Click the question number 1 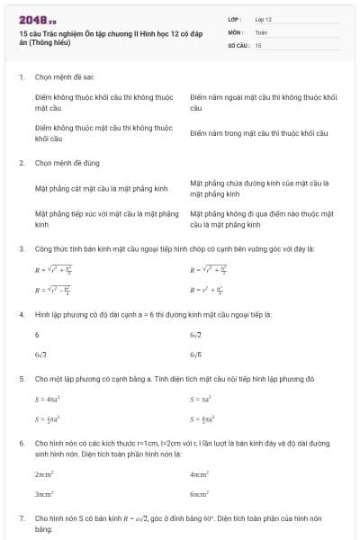[x=21, y=77]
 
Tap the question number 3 [x=21, y=248]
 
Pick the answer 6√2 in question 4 [x=195, y=334]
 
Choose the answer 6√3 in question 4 [x=40, y=355]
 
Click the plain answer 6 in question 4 [x=37, y=334]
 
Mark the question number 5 [x=21, y=379]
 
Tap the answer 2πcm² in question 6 [x=44, y=473]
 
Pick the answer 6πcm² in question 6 [x=200, y=494]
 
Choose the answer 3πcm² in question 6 [x=44, y=494]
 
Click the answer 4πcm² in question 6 [x=200, y=473]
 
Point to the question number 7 [x=21, y=519]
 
